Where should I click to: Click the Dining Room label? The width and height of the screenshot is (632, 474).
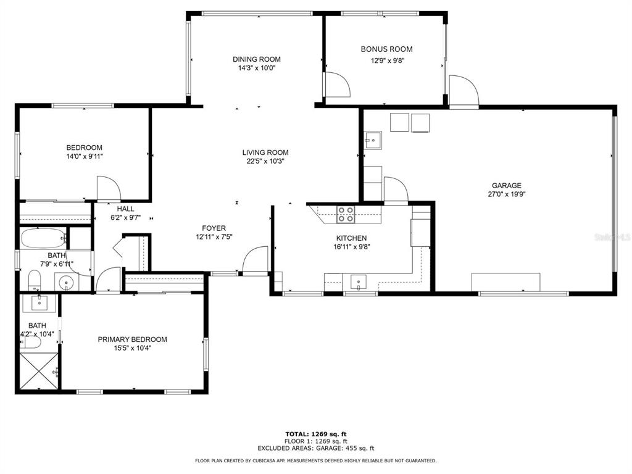pyautogui.click(x=256, y=59)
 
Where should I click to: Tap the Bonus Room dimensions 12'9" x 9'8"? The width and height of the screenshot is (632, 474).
pyautogui.click(x=388, y=61)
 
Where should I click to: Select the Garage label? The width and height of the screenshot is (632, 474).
pyautogui.click(x=506, y=185)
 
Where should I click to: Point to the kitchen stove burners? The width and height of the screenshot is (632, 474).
pyautogui.click(x=346, y=214)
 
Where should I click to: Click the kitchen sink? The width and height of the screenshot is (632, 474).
pyautogui.click(x=359, y=281)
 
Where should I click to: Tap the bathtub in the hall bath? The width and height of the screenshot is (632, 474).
pyautogui.click(x=43, y=238)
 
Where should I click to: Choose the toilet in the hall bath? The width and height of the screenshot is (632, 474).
pyautogui.click(x=35, y=280)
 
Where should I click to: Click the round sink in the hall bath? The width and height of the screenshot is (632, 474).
pyautogui.click(x=65, y=283)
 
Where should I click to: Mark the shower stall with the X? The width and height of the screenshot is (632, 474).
pyautogui.click(x=39, y=371)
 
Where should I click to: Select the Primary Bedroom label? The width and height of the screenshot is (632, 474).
pyautogui.click(x=132, y=339)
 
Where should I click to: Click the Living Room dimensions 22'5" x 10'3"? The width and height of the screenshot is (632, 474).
pyautogui.click(x=265, y=161)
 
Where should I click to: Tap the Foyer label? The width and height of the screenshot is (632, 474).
pyautogui.click(x=214, y=228)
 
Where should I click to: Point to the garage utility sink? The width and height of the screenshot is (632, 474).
pyautogui.click(x=373, y=140)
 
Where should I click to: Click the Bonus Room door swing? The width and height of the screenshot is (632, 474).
pyautogui.click(x=338, y=84)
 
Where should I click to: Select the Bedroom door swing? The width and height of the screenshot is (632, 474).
pyautogui.click(x=109, y=188)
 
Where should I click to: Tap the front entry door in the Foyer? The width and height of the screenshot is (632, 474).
pyautogui.click(x=255, y=260)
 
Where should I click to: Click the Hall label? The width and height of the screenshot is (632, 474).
pyautogui.click(x=125, y=209)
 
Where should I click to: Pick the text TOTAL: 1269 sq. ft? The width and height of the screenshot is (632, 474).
pyautogui.click(x=315, y=434)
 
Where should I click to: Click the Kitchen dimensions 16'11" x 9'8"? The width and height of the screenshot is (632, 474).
pyautogui.click(x=351, y=247)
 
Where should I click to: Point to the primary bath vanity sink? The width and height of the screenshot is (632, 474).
pyautogui.click(x=39, y=303)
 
